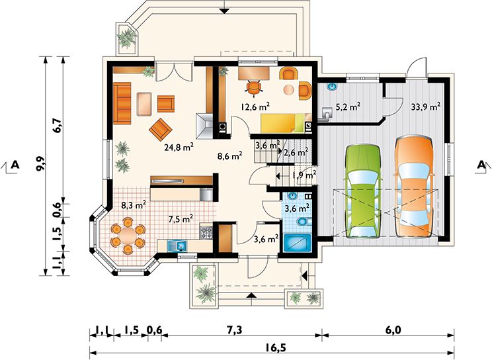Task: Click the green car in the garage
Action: pos(363,191)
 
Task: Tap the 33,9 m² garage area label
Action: pos(425,107)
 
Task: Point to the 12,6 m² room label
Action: pos(255,107)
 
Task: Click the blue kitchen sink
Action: pos(177,246)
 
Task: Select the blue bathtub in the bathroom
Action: pos(297,243)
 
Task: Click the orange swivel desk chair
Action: pos(254,87)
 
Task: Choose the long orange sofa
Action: pos(122,103)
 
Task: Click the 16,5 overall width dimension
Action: pos(271,348)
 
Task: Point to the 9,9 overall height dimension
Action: pos(41,163)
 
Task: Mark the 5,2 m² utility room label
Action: pos(348,107)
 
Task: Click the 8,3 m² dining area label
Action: pos(134,205)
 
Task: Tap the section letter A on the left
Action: pos(15,164)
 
